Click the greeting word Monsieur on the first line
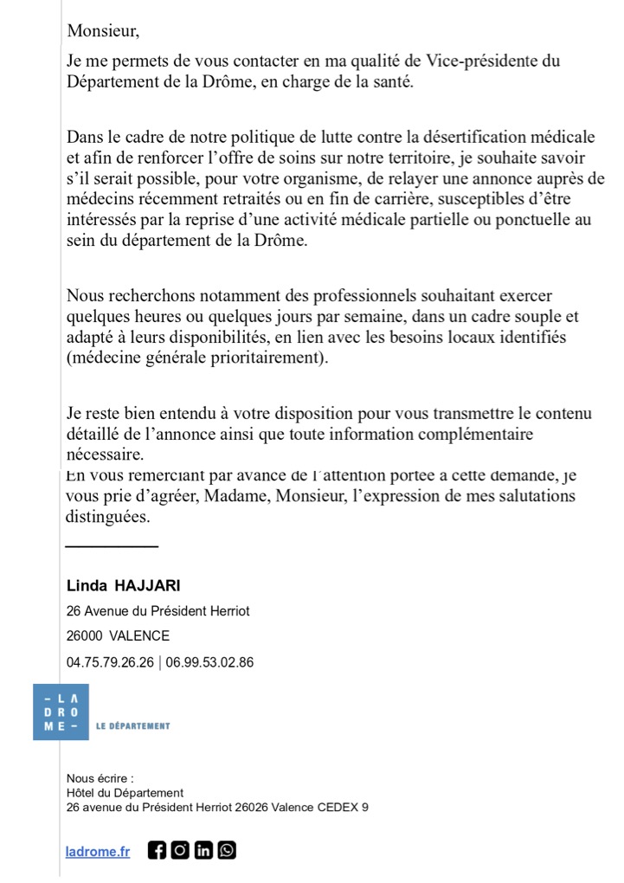[102, 32]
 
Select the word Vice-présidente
[451, 62]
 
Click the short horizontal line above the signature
[112, 546]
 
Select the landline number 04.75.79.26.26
[110, 662]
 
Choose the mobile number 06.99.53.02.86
[209, 662]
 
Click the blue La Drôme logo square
[61, 712]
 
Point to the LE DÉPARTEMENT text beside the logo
[132, 725]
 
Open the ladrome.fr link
[98, 851]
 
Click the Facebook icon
[157, 850]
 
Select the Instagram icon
[180, 850]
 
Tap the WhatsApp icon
[226, 850]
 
